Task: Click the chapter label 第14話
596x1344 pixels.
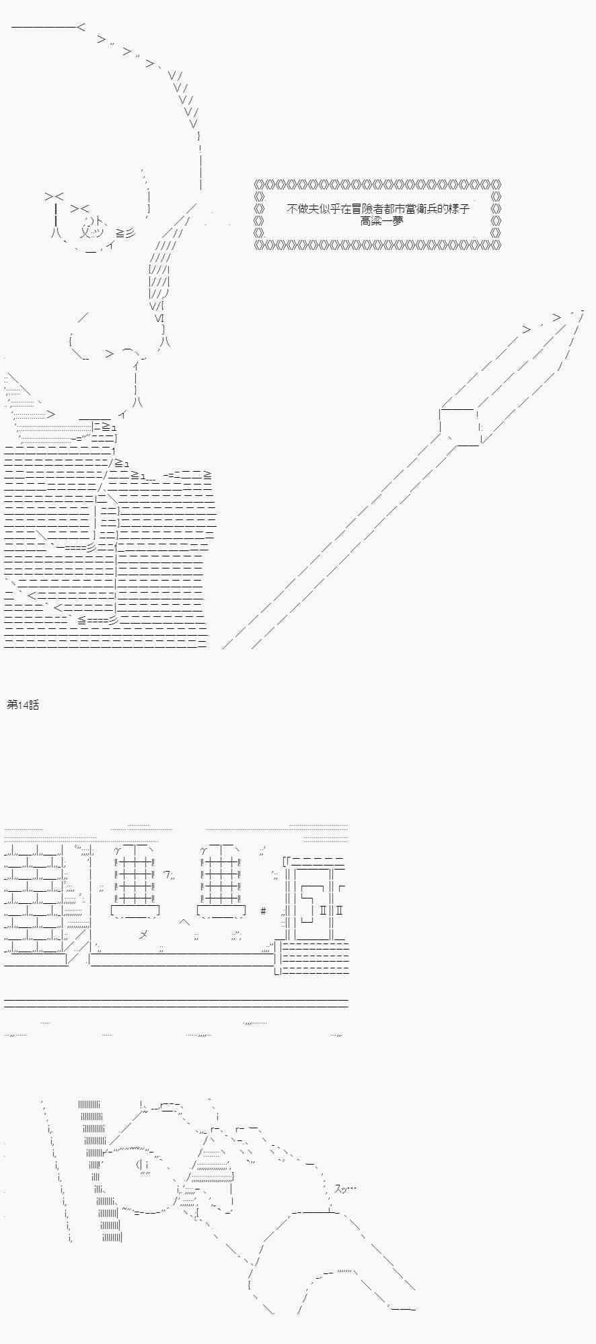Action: tap(23, 704)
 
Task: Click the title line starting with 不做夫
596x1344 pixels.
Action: tap(378, 208)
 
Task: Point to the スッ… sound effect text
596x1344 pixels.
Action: tap(345, 1189)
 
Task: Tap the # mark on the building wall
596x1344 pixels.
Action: tap(263, 911)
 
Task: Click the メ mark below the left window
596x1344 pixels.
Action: tap(143, 933)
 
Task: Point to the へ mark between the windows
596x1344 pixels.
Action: tap(184, 921)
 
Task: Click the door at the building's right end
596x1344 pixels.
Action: tap(313, 904)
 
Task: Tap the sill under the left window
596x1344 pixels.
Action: tap(135, 912)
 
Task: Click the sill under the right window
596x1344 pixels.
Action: tap(221, 912)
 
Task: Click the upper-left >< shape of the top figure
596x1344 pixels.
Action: tap(54, 196)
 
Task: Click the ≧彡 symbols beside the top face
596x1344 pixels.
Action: tap(125, 233)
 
